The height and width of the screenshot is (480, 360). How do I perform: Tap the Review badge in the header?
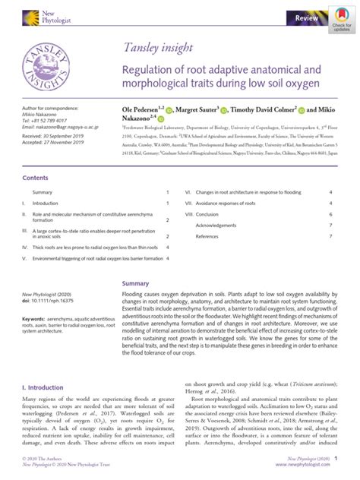306,16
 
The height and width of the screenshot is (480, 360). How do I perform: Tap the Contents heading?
35,178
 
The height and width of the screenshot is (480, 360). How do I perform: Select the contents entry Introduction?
45,204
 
